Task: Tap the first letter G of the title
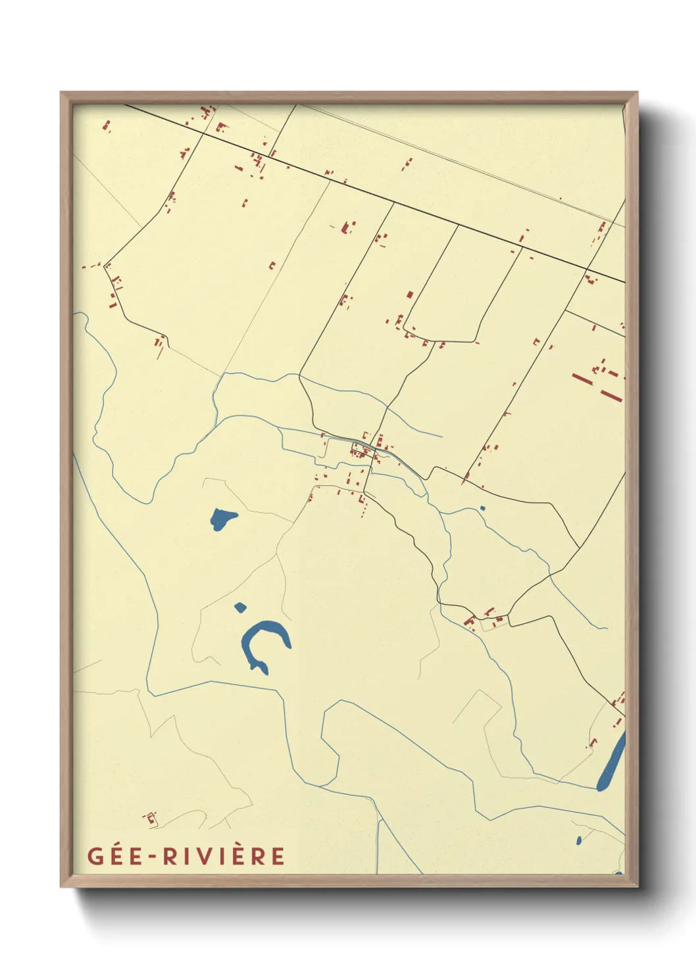95,857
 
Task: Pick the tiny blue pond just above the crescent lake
240,607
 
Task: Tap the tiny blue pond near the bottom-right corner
578,840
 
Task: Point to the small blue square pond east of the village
482,508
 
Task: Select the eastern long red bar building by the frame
611,396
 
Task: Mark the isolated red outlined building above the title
151,818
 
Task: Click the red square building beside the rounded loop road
410,295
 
